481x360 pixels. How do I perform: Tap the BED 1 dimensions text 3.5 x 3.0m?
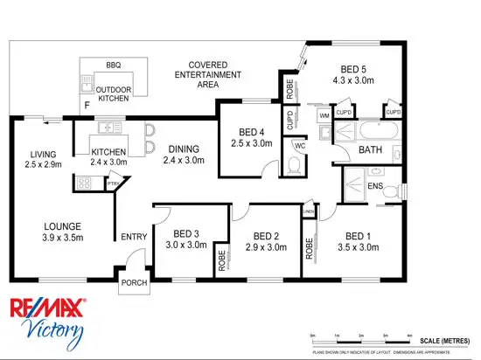[x=358, y=247]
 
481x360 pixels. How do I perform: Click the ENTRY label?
[x=134, y=236]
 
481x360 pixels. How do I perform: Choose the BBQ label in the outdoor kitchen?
[x=113, y=66]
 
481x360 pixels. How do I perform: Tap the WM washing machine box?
[x=324, y=114]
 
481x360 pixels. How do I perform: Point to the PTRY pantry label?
[x=112, y=183]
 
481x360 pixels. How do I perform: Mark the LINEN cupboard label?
[x=309, y=212]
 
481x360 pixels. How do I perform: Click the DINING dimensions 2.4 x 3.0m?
[x=183, y=161]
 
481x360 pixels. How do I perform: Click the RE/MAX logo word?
[x=47, y=308]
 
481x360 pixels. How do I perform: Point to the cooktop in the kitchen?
[x=86, y=183]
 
